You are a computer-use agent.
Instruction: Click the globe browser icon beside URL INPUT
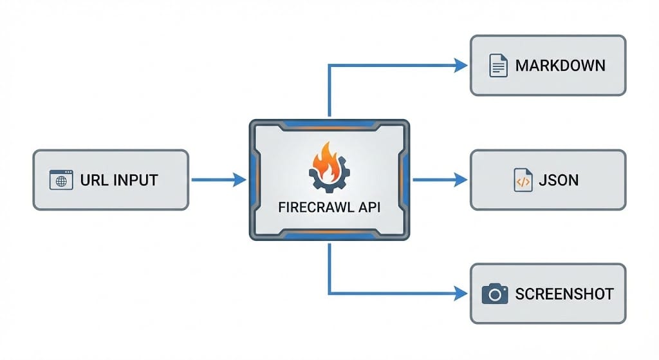coord(61,180)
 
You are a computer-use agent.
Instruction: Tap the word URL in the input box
coord(94,180)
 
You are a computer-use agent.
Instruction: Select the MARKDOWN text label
coord(560,66)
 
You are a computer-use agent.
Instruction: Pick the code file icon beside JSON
coord(523,180)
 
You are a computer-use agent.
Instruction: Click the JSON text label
coord(559,180)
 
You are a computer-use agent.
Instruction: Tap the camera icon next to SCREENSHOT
coord(494,294)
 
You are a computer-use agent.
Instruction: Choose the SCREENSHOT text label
coord(564,294)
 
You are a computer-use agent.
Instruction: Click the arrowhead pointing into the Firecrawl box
coord(239,180)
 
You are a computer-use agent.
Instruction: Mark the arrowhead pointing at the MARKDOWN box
coord(461,64)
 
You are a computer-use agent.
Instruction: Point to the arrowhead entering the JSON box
coord(461,180)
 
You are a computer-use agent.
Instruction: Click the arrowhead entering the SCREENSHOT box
coord(461,294)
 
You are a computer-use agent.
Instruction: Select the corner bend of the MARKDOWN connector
coord(329,64)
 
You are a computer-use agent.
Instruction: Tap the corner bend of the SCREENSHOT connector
coord(329,294)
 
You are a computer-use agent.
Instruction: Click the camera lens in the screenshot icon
coord(494,295)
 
